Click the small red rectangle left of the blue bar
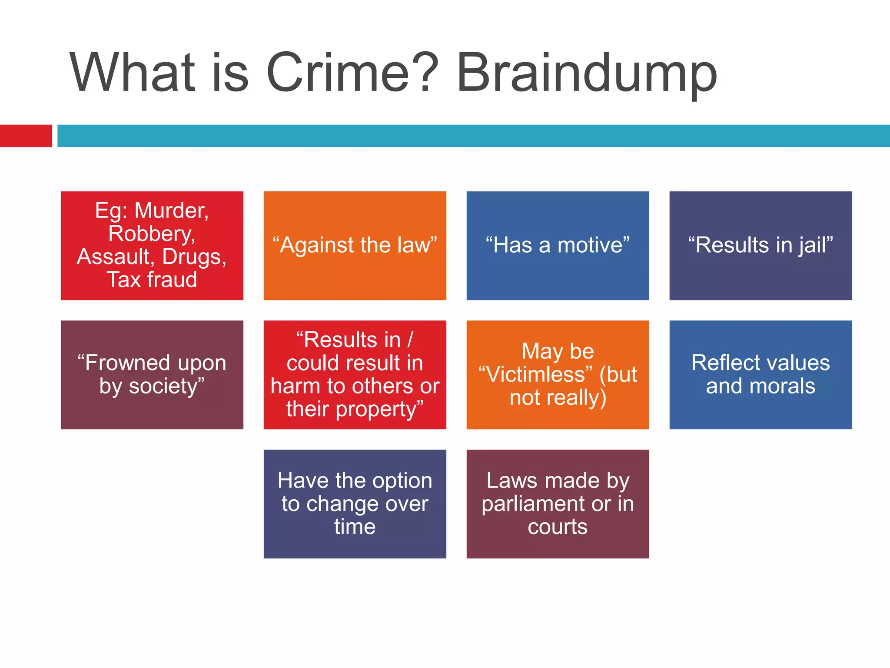(x=26, y=136)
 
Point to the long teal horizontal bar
(x=474, y=136)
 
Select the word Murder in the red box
(x=171, y=210)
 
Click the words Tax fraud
(x=152, y=279)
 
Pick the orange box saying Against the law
(x=355, y=245)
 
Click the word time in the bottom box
(x=355, y=527)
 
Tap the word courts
(x=558, y=527)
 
